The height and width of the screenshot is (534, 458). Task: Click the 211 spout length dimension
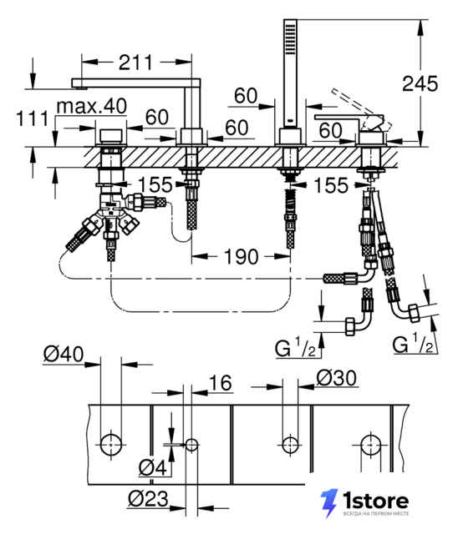coord(135,63)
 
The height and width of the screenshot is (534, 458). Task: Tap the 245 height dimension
coord(420,83)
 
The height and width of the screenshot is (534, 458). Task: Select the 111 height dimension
coord(33,118)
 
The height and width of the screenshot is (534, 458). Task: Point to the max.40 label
coord(92,106)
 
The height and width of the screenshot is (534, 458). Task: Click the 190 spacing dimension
coord(241,256)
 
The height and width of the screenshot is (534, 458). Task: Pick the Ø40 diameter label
coord(64,354)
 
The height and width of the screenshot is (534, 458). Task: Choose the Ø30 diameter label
coord(337,378)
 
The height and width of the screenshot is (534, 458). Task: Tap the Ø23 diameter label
coord(148,499)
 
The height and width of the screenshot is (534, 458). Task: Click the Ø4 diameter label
coord(153,467)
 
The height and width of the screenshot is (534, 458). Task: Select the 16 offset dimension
coord(221,383)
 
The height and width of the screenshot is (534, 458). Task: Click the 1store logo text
coord(375,501)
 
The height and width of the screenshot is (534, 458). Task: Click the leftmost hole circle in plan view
coord(111,445)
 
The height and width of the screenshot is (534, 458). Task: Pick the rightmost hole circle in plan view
coord(371,445)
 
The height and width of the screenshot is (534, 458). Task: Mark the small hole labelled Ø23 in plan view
coord(191,445)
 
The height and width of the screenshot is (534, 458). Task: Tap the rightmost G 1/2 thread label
coord(413,345)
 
